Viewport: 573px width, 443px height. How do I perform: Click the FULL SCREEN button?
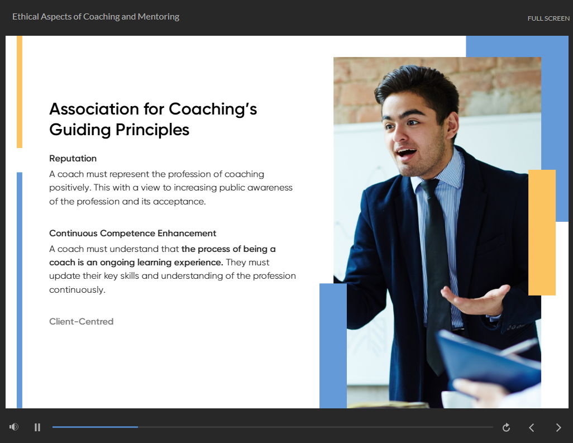pos(548,18)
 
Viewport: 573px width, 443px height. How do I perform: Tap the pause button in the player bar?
pos(37,427)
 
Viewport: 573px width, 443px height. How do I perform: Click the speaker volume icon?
pos(14,427)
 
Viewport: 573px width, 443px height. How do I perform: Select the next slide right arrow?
pos(558,427)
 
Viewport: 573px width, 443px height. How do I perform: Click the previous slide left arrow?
pos(532,427)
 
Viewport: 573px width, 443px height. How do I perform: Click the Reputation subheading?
pos(73,158)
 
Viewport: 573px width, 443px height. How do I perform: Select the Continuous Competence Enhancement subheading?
pos(133,233)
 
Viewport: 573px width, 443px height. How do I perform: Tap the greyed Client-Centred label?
pos(82,321)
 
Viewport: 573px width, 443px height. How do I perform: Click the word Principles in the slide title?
pos(152,130)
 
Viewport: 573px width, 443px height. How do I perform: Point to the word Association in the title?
pos(94,109)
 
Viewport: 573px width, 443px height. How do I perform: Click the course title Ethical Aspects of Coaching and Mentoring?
pos(95,17)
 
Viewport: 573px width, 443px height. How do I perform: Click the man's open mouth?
pos(407,153)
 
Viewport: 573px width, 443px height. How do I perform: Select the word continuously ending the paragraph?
pos(77,290)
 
